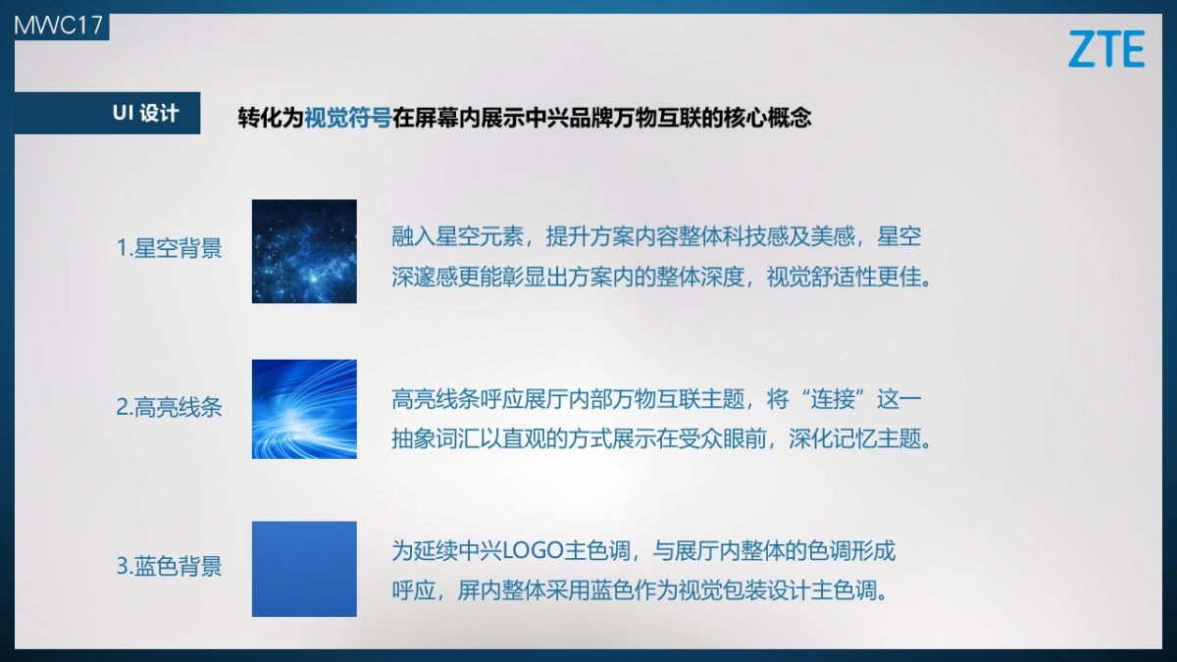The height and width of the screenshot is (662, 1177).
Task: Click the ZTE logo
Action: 1106,48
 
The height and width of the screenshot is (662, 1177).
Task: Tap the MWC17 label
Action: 58,24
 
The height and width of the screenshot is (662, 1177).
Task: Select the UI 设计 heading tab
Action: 145,113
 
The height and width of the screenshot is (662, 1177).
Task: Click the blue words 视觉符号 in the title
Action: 347,118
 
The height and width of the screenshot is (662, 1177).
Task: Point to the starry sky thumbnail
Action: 304,251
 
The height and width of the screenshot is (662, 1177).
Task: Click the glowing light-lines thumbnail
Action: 304,408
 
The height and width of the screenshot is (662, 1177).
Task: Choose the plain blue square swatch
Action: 304,569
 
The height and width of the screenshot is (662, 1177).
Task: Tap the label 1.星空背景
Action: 169,248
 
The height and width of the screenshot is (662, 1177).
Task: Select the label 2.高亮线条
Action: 169,407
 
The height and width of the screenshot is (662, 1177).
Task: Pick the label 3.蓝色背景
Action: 169,566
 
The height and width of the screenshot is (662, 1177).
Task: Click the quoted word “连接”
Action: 833,400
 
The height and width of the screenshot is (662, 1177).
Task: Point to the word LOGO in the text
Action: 531,551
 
